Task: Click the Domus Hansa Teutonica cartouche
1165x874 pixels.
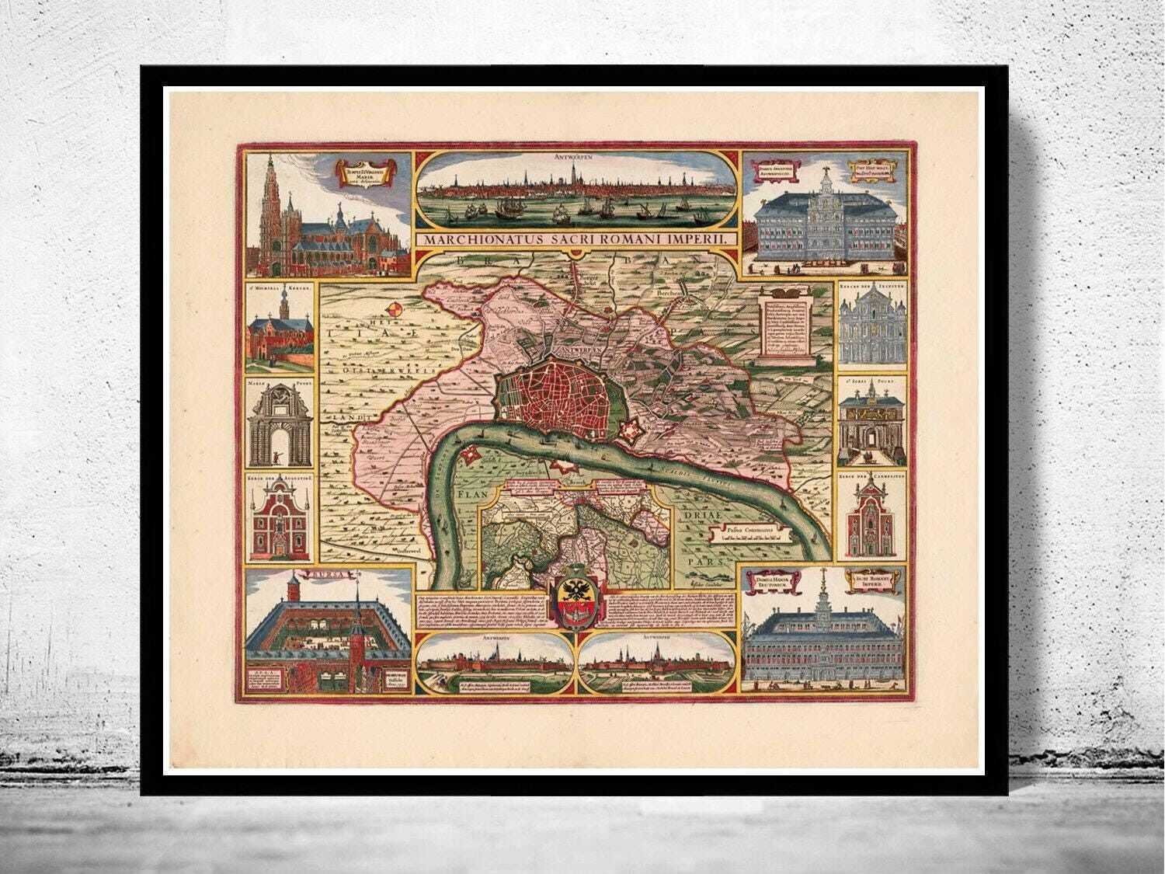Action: [x=771, y=579]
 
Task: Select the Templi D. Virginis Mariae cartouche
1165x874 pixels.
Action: [x=364, y=170]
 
